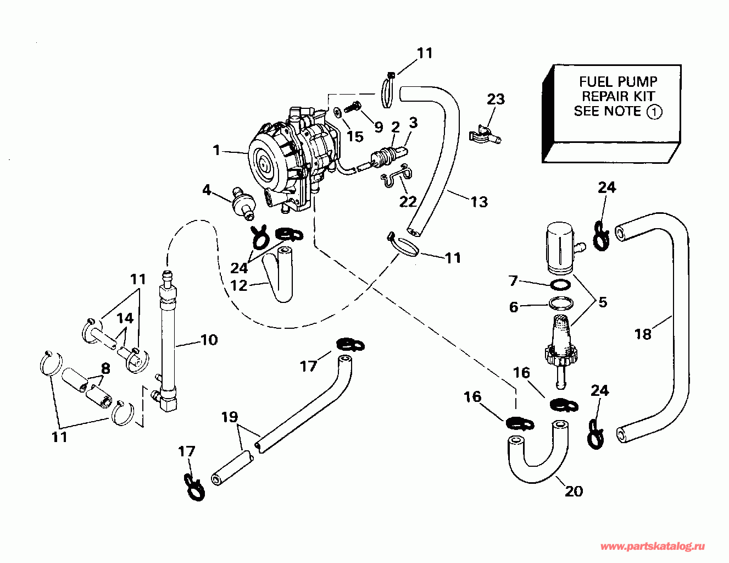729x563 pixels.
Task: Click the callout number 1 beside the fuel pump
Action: tap(216, 150)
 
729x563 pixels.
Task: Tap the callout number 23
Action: tap(496, 99)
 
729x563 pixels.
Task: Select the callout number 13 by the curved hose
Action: tap(479, 202)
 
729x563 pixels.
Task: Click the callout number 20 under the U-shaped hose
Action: tap(574, 491)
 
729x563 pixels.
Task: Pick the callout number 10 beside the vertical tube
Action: tap(209, 340)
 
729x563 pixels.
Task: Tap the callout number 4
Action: tap(207, 190)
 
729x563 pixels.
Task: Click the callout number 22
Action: tap(408, 201)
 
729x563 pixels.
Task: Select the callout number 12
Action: tap(239, 285)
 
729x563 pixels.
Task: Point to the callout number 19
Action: tap(230, 417)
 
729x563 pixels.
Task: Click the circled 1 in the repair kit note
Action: tap(654, 112)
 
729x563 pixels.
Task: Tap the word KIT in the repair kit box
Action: tap(642, 96)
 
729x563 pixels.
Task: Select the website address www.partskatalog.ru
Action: tap(652, 547)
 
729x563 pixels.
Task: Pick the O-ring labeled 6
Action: tap(561, 303)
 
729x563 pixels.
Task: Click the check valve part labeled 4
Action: tap(242, 204)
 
